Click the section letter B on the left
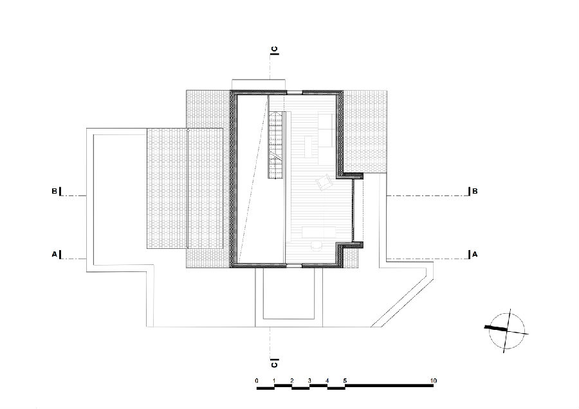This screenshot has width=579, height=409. click(54, 191)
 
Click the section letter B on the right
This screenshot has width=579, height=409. click(475, 191)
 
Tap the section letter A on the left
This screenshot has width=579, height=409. click(54, 254)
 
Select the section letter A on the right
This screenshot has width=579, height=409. click(475, 254)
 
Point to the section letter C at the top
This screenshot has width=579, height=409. click(274, 49)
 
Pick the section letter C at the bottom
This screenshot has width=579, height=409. click(274, 365)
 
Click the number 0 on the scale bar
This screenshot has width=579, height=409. click(257, 381)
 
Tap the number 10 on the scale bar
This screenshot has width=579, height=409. click(433, 381)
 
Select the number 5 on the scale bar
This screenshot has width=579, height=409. click(345, 381)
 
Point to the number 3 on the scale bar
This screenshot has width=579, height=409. click(309, 381)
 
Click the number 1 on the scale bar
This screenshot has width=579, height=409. click(274, 381)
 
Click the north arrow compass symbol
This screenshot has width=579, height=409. click(507, 331)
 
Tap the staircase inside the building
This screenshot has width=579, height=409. click(276, 145)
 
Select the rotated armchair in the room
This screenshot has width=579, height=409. click(325, 182)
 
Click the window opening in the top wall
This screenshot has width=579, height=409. click(294, 92)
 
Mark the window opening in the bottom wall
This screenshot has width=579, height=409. click(294, 265)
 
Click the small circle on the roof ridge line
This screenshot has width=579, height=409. click(188, 130)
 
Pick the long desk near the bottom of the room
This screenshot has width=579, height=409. click(319, 233)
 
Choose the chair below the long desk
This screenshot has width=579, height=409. click(317, 246)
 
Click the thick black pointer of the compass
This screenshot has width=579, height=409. click(496, 328)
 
